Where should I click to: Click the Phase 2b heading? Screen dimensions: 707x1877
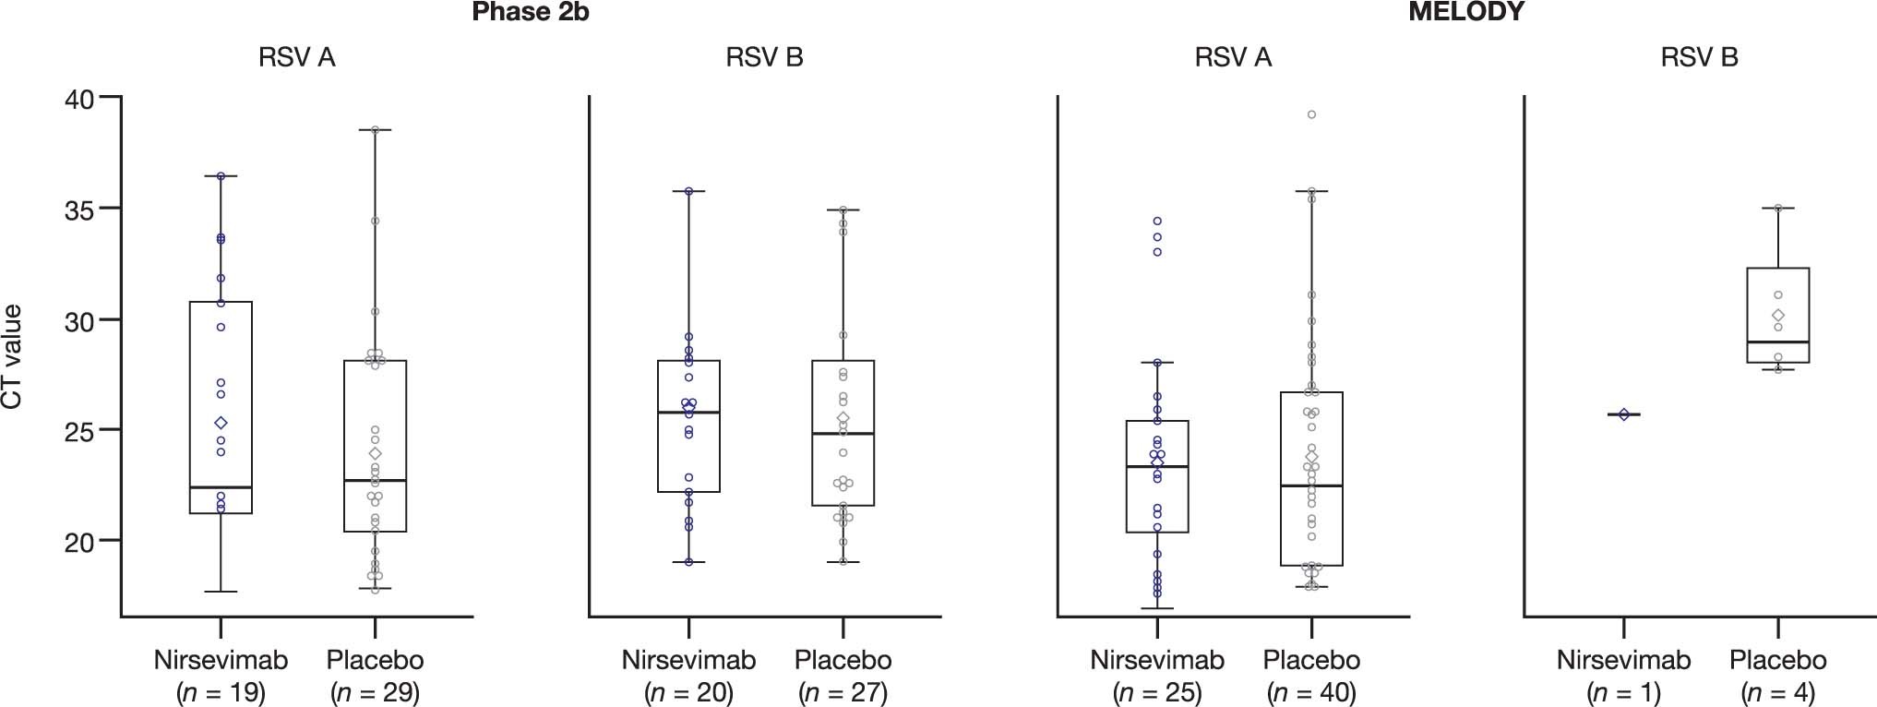530,12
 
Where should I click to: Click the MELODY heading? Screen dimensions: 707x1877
1466,12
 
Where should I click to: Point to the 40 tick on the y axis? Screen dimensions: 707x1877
110,97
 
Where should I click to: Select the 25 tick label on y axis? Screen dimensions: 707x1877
79,430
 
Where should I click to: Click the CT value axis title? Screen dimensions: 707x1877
12,356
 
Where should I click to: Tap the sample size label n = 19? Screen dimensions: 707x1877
221,692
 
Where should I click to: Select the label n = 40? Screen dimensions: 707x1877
1311,692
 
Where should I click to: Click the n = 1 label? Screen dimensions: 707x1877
1623,692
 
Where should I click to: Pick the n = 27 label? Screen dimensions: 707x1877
843,692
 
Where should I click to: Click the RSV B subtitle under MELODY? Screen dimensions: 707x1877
1699,57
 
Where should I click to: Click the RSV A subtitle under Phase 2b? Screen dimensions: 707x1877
296,57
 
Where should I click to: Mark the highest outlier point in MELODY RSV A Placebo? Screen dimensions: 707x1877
1311,114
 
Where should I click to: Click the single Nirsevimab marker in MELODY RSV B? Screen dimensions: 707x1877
1624,414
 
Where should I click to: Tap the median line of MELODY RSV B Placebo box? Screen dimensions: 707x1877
1777,342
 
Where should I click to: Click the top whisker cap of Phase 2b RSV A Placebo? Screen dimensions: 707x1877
375,130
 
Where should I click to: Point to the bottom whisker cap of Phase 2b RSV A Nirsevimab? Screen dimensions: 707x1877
221,592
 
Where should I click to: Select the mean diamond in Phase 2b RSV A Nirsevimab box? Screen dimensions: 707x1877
221,423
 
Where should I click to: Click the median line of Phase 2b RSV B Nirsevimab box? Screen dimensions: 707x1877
688,413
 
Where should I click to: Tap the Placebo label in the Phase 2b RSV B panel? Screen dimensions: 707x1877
843,660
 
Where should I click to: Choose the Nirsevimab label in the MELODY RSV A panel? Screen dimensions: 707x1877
1156,660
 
